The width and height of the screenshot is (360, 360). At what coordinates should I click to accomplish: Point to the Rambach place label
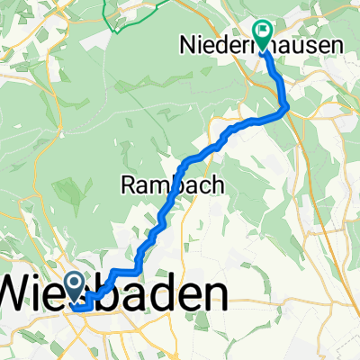159,185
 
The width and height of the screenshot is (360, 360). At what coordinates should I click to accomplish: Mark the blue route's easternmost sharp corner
287,108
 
